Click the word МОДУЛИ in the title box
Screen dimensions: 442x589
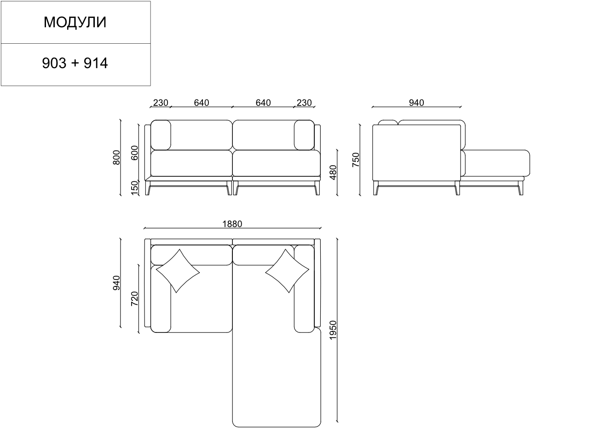coord(75,23)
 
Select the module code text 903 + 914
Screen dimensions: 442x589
coord(75,63)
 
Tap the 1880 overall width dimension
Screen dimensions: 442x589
coord(232,224)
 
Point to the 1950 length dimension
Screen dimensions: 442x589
coord(333,330)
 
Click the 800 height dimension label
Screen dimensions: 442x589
coord(116,157)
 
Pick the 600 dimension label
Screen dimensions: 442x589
coord(134,153)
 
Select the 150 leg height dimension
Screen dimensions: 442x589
coord(134,188)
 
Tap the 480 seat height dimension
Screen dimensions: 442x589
coord(333,172)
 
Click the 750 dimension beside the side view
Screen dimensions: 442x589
coord(356,159)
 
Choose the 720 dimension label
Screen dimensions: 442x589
coord(134,299)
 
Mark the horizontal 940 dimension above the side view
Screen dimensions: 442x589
coord(416,103)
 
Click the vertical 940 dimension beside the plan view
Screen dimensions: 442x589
coord(116,283)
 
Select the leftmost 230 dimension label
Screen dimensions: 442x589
coord(160,103)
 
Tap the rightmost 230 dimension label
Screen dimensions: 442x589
coord(304,103)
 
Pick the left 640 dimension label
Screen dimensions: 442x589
coord(201,103)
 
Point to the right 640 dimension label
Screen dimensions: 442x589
coord(263,103)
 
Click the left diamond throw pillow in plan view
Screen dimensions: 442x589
coord(178,271)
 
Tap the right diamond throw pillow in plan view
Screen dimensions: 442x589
coord(287,271)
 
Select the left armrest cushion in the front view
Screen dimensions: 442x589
coord(161,135)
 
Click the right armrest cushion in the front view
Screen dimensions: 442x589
coord(304,135)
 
